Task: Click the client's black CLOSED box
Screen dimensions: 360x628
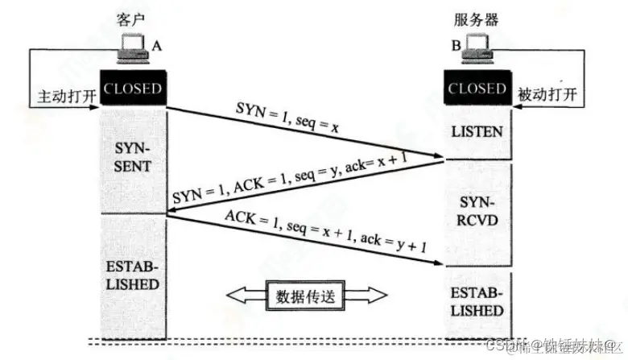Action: (133, 89)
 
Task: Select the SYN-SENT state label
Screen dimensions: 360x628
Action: (133, 159)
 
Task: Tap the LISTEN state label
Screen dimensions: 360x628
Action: (477, 131)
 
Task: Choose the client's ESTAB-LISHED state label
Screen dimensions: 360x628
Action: (133, 276)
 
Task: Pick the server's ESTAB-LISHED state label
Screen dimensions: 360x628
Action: (477, 303)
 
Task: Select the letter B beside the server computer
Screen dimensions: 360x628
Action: (456, 48)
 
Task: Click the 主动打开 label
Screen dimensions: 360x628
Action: (68, 96)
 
